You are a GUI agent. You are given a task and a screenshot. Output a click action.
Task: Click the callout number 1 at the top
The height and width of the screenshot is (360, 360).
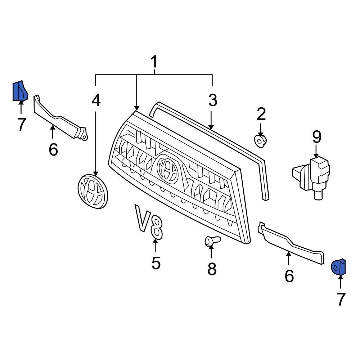(x=154, y=62)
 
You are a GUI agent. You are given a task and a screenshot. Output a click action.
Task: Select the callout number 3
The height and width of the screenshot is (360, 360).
(x=213, y=100)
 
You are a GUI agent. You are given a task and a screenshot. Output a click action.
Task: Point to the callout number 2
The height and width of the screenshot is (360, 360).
(x=261, y=114)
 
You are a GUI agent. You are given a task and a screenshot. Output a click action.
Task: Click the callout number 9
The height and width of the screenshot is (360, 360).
(x=316, y=136)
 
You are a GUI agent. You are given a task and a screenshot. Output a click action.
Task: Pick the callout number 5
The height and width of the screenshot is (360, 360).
(x=156, y=263)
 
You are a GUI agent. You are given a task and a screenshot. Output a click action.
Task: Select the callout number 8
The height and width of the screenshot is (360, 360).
(x=211, y=268)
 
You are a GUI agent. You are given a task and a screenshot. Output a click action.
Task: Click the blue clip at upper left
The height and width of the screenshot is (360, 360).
(x=20, y=91)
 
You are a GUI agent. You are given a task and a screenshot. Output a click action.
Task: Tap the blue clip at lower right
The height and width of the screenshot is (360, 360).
(x=339, y=266)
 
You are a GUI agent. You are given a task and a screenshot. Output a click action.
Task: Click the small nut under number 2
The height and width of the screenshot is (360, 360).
(x=260, y=140)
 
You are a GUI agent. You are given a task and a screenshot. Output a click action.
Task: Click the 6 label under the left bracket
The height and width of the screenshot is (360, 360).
(x=53, y=149)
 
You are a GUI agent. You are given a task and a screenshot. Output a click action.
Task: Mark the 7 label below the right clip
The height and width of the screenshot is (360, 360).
(x=341, y=299)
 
